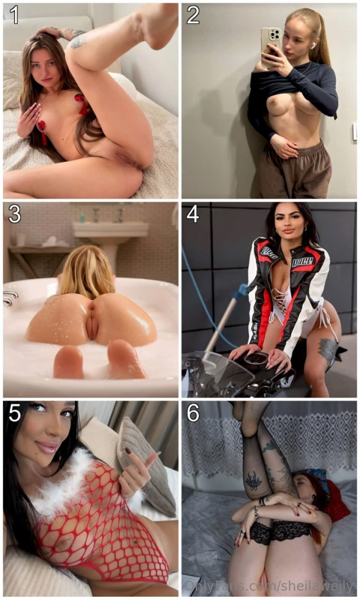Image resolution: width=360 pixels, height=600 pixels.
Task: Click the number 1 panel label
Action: click(x=14, y=15)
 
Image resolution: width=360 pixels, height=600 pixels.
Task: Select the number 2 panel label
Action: click(x=193, y=15)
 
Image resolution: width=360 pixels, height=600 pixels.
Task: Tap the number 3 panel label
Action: click(x=14, y=214)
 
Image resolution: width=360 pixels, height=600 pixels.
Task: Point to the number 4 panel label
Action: click(x=193, y=214)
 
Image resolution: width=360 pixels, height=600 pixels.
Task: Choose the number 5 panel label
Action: click(x=14, y=413)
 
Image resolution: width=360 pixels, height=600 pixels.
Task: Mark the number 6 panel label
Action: click(x=193, y=413)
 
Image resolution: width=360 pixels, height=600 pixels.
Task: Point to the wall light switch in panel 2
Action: click(x=354, y=132)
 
